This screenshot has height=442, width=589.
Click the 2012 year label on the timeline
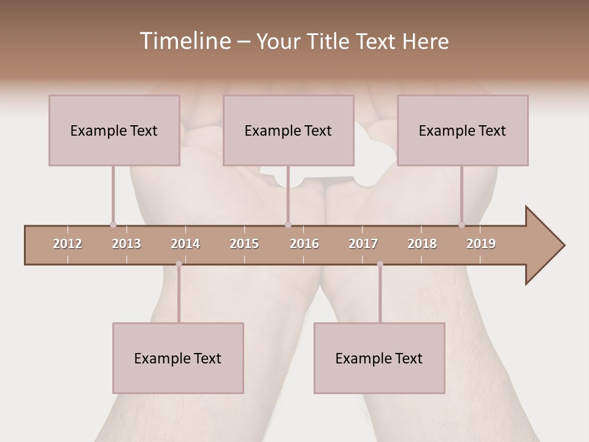(x=67, y=244)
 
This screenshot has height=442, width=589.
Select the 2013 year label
(x=126, y=244)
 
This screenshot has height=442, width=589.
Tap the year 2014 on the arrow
(x=185, y=244)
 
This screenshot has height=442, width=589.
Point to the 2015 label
(x=244, y=244)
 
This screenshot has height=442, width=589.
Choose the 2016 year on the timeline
(x=304, y=244)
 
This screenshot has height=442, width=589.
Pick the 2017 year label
(x=363, y=244)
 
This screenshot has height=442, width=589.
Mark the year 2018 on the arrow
(x=422, y=244)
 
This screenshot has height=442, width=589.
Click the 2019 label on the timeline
(x=481, y=244)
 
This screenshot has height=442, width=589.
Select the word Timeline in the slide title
(x=184, y=41)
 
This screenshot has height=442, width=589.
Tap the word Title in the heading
(x=329, y=41)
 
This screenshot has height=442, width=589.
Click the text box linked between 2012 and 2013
(x=114, y=130)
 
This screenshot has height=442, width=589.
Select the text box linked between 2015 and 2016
(x=288, y=130)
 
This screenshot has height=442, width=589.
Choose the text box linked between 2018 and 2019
(x=463, y=130)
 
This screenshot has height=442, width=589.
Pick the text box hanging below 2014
(x=178, y=358)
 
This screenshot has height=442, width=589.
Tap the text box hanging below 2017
(x=379, y=358)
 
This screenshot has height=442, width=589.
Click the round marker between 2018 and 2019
(x=462, y=225)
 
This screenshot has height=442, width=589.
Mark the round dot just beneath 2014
(x=179, y=264)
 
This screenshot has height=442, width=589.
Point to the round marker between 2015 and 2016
(x=288, y=225)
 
